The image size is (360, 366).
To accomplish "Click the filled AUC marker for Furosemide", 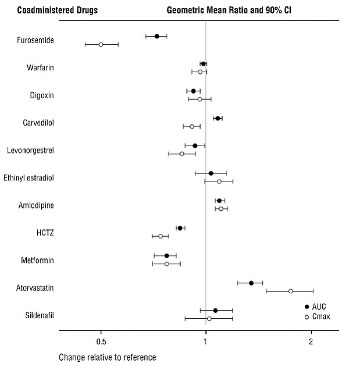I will pyautogui.click(x=156, y=36).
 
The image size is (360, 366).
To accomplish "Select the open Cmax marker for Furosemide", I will pyautogui.click(x=101, y=44).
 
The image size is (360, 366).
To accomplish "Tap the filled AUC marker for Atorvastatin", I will pyautogui.click(x=251, y=283).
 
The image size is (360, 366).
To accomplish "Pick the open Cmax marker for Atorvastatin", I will pyautogui.click(x=291, y=291).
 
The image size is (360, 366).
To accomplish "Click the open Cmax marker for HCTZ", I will pyautogui.click(x=161, y=236).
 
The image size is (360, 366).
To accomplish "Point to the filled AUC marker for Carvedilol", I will pyautogui.click(x=218, y=118).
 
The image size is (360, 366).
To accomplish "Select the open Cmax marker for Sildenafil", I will pyautogui.click(x=209, y=318).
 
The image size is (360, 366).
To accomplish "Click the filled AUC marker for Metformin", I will pyautogui.click(x=166, y=255).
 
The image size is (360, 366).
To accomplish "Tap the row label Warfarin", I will pyautogui.click(x=40, y=67).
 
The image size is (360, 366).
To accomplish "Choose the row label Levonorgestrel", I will pyautogui.click(x=30, y=150).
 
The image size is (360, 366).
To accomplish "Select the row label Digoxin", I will pyautogui.click(x=42, y=95).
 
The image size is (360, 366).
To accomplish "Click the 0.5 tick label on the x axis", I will pyautogui.click(x=101, y=341).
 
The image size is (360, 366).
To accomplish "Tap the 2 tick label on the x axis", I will pyautogui.click(x=311, y=341).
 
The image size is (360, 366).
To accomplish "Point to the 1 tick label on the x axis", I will pyautogui.click(x=205, y=341).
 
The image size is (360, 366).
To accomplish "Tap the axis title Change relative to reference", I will pyautogui.click(x=107, y=357).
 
